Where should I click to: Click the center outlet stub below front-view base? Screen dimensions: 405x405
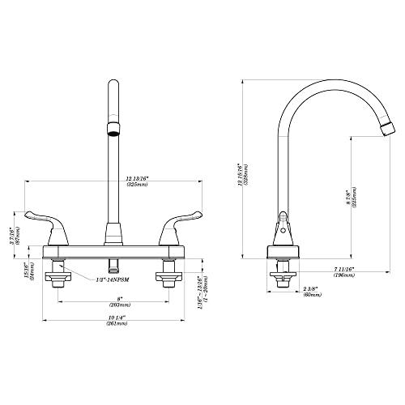pyautogui.click(x=113, y=263)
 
